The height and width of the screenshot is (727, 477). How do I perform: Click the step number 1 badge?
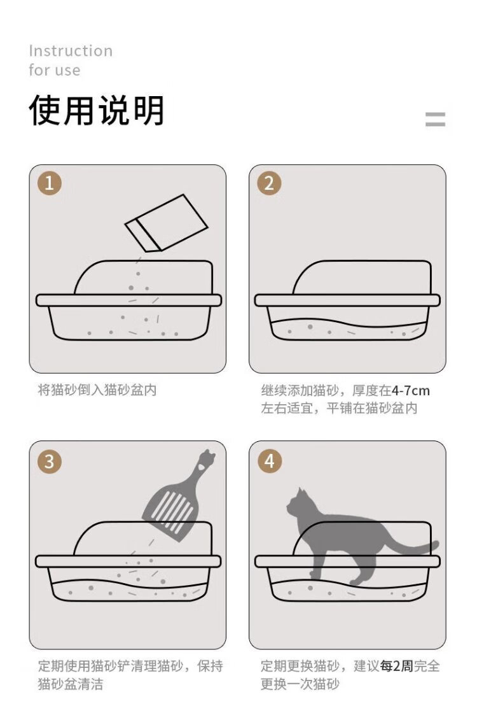pos(50,183)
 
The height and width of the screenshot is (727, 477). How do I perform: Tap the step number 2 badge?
pos(269,183)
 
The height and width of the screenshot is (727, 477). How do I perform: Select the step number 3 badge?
pos(50,462)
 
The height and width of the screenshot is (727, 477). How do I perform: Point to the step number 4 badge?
pos(269,462)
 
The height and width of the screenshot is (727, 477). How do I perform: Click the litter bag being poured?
pos(166,223)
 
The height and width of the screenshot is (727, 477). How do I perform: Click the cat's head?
pos(296,503)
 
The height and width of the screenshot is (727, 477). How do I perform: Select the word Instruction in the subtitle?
pos(71,50)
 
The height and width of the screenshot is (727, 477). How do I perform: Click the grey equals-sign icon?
pos(435,119)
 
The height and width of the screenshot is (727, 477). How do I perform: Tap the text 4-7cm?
pos(410,390)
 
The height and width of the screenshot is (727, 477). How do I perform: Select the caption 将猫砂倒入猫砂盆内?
pos(97,390)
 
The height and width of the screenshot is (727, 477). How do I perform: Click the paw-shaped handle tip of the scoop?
pos(206,459)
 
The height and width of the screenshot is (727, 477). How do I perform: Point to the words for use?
pos(54,70)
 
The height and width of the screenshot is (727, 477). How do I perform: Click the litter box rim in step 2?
pos(347,300)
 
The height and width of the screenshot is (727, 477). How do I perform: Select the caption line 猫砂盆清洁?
pos(71,684)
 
